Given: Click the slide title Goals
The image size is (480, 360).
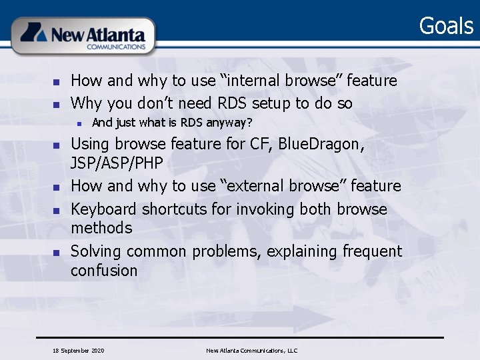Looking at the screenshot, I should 445,26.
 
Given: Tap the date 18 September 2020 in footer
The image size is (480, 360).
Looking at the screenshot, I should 78,350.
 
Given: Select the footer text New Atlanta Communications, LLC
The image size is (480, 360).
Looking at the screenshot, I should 251,350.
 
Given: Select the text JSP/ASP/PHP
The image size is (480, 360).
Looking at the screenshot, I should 117,163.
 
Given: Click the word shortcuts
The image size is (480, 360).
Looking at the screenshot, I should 175,209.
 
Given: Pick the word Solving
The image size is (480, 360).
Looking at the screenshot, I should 96,251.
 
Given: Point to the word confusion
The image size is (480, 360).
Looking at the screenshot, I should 104,271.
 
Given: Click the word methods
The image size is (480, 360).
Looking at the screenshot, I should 101,228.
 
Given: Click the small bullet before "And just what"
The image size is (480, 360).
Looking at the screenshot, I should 79,123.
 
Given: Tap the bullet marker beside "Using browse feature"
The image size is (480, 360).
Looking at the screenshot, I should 57,145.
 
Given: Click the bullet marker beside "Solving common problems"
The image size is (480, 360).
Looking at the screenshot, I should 57,253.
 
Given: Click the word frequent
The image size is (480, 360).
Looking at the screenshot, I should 372,251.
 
